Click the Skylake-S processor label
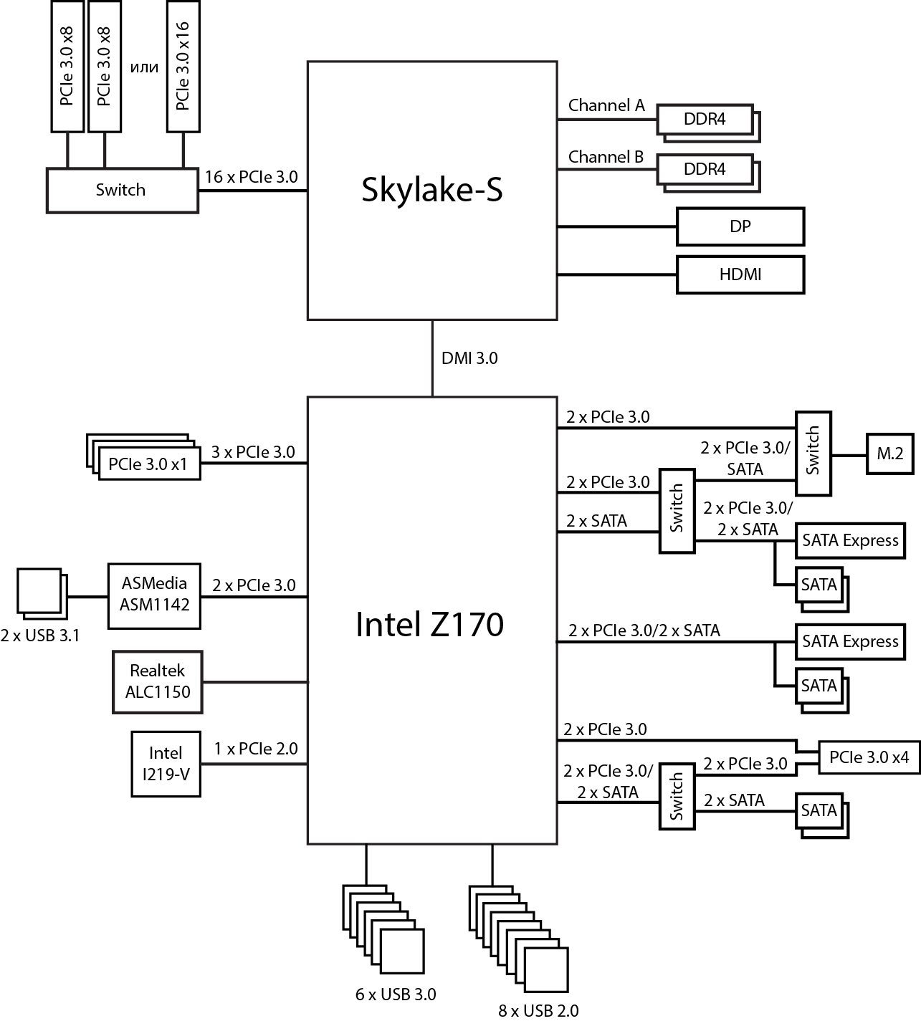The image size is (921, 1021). pos(431,191)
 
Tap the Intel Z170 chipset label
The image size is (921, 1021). pos(429,625)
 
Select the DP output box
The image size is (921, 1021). pos(740,226)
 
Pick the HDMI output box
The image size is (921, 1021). pos(740,274)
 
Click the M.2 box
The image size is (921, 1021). pos(889,454)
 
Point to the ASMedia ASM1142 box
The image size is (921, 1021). pos(155,595)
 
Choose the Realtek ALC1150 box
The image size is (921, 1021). pos(157,681)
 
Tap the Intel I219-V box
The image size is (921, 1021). pos(165,763)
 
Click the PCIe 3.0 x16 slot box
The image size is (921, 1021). pos(182,66)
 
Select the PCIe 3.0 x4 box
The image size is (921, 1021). pos(869,757)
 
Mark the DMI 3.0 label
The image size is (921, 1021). pos(469,358)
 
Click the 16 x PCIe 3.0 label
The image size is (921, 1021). pos(251,177)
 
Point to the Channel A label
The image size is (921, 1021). pos(606,106)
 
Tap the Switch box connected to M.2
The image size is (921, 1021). pos(813,453)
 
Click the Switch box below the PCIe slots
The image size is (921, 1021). pos(121,190)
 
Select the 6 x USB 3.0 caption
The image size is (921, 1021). pos(395,994)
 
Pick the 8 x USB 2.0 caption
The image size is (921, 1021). pos(538,1010)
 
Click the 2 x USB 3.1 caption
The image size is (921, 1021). pos(40,635)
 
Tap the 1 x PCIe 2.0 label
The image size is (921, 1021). pos(255,749)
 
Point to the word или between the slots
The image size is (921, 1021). pos(143,67)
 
